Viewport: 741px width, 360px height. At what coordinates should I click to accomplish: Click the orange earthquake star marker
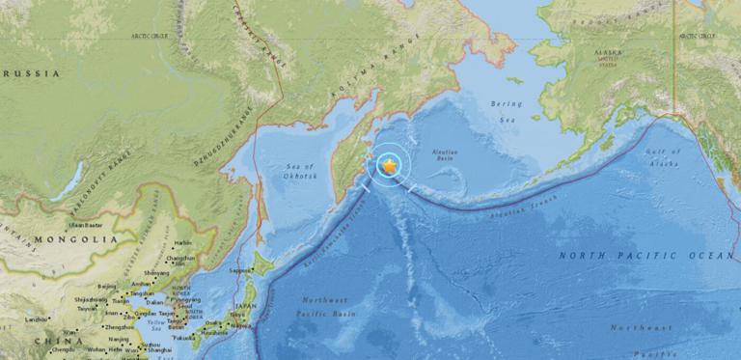click(x=388, y=166)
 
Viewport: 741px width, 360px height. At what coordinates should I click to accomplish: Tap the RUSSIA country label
click(x=30, y=73)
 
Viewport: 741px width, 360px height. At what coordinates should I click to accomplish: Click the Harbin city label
click(x=183, y=243)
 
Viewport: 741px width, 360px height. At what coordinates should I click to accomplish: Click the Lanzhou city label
click(x=39, y=318)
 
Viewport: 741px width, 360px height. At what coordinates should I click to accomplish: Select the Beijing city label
click(x=108, y=287)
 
